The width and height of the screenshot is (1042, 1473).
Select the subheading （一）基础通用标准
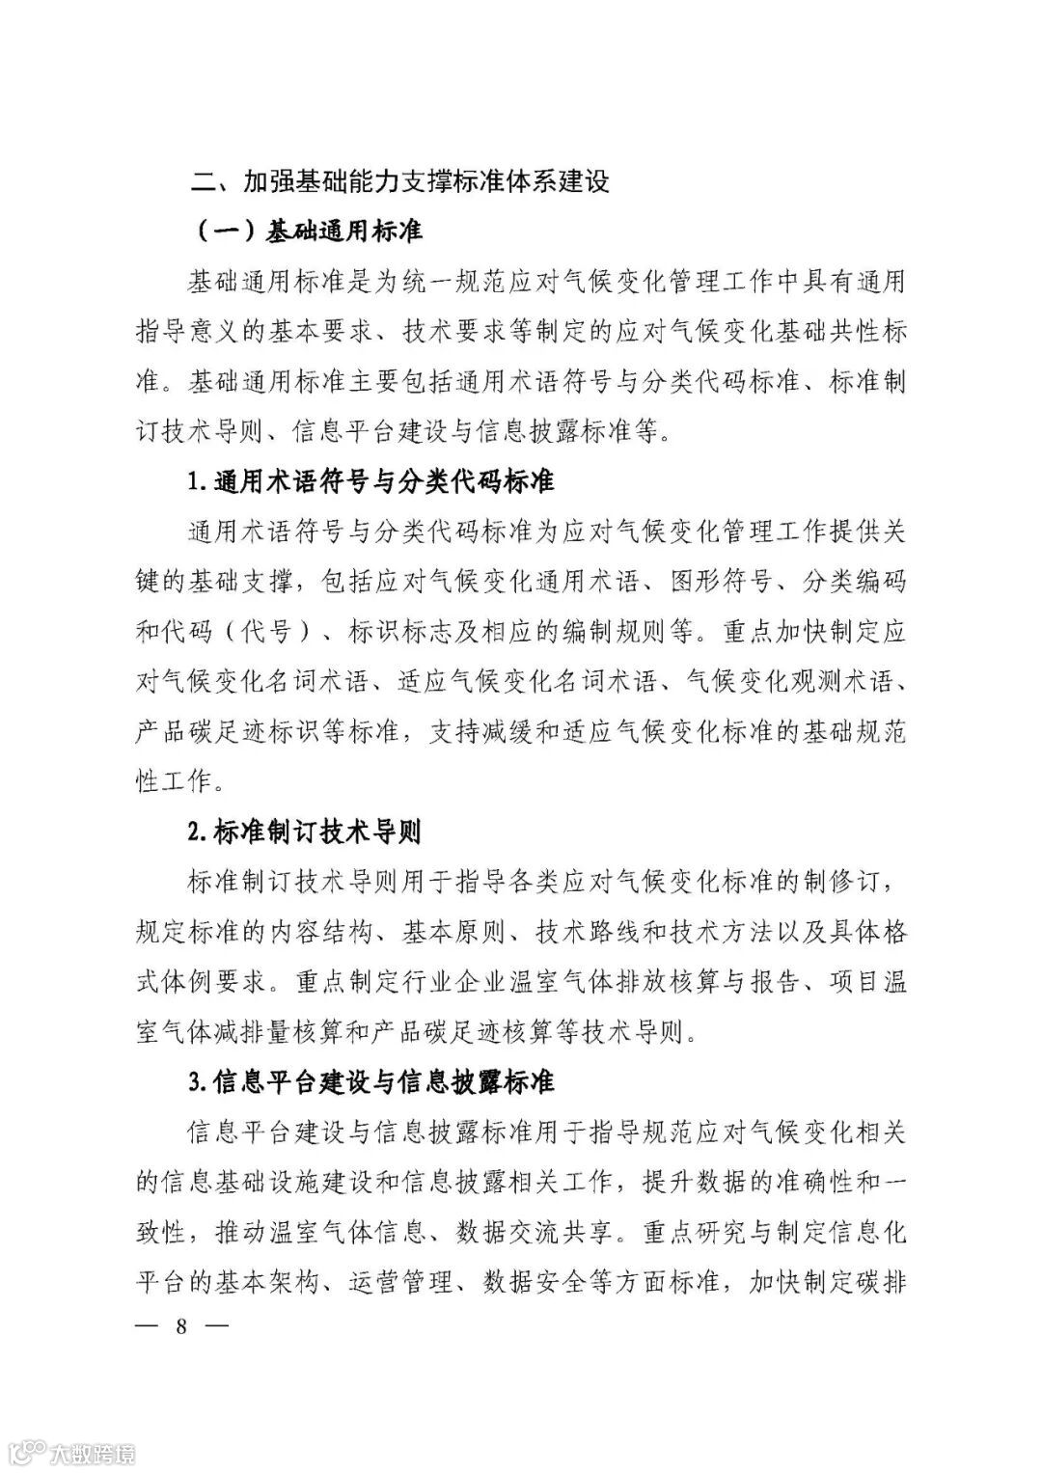[308, 232]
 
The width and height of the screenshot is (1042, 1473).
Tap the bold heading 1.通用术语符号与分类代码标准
[371, 480]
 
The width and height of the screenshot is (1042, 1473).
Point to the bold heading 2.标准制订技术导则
[304, 832]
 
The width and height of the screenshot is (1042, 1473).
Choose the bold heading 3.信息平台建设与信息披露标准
[371, 1081]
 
